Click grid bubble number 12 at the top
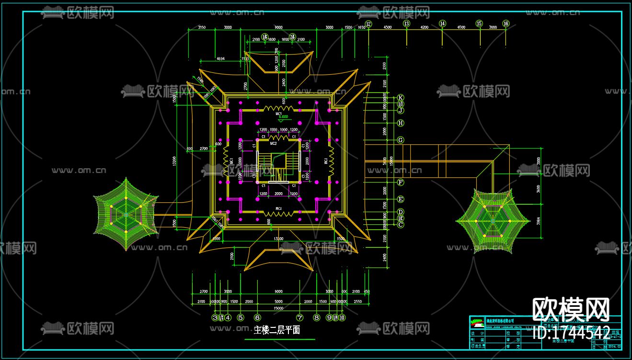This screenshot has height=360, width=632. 368,23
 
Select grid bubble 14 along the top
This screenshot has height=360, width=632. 442,23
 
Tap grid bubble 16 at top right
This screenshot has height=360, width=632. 506,23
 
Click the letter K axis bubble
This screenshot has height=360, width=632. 401,97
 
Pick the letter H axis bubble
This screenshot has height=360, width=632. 401,123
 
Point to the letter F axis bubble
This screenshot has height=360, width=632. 401,182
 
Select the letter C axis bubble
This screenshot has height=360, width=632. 401,224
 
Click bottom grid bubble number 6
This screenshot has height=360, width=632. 257,317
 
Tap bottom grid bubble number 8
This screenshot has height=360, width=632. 316,317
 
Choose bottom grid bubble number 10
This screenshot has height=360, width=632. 342,317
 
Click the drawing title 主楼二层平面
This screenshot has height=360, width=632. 277,330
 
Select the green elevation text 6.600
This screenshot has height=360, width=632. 283,116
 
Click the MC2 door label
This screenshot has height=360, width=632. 273,143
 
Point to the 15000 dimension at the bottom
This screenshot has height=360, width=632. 278,308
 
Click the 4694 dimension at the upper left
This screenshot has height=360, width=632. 221,58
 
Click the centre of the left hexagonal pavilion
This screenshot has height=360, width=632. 126,214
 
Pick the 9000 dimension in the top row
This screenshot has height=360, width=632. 278,27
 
